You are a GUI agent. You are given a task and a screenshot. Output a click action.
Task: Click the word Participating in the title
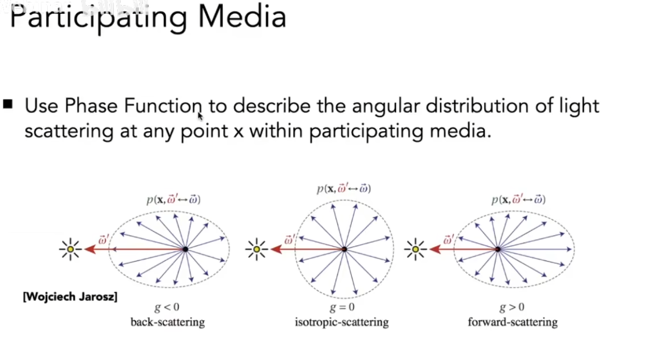[98, 17]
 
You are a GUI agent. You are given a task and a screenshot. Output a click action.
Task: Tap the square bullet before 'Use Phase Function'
[8, 104]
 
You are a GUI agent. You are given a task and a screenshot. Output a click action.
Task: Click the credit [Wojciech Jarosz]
[70, 297]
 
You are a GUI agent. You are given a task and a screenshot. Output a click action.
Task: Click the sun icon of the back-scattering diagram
[70, 249]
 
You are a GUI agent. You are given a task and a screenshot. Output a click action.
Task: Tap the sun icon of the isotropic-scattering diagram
[256, 249]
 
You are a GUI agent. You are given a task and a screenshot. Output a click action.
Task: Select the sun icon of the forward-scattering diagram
[415, 249]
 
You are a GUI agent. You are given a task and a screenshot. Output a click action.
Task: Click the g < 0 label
[167, 308]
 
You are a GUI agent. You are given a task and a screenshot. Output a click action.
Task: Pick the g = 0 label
[341, 308]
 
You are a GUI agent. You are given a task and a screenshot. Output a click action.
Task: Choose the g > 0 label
[512, 308]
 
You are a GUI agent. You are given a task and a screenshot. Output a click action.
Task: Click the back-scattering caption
[167, 323]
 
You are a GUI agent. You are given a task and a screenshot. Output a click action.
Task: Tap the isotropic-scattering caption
[341, 323]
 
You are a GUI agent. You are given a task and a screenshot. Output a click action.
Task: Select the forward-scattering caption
[513, 323]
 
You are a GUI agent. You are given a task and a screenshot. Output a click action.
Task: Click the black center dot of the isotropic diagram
[344, 249]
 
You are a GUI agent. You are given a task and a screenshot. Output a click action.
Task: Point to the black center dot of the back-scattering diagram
[185, 249]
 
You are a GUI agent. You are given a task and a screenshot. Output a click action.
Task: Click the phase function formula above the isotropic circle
[344, 188]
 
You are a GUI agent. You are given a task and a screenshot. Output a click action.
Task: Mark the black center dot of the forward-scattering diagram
[498, 249]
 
